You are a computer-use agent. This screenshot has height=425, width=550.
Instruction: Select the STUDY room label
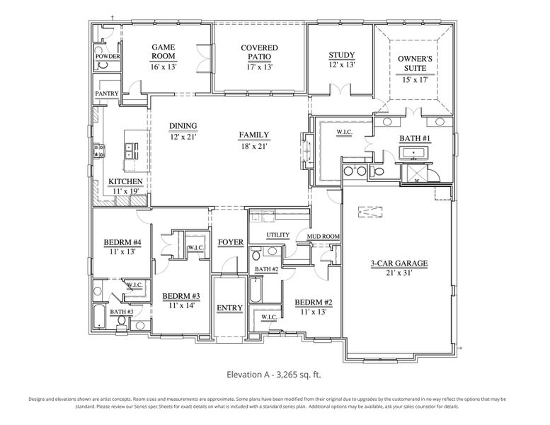point(341,56)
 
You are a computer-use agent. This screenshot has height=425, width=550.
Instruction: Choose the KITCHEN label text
point(125,182)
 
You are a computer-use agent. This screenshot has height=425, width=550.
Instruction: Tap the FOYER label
point(230,243)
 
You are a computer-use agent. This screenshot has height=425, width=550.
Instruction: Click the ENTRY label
point(229,308)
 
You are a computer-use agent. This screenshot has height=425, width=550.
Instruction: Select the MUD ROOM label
point(322,237)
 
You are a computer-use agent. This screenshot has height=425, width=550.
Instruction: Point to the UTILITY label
point(278,235)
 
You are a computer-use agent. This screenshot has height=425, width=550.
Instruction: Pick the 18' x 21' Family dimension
point(253,147)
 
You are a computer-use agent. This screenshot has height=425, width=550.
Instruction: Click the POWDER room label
point(107,57)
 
